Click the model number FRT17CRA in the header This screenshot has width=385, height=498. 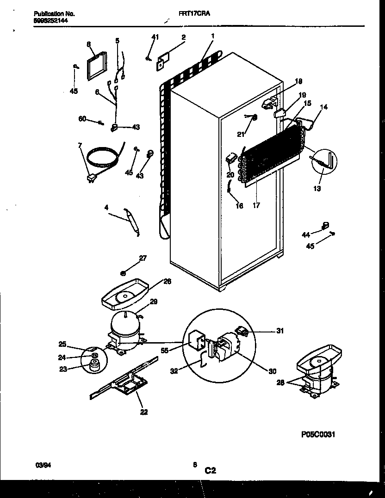(194, 14)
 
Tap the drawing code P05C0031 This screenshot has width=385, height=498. (317, 434)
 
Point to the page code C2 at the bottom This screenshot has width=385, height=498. (210, 471)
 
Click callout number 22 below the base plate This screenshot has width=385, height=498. (144, 412)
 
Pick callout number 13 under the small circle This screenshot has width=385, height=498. (317, 188)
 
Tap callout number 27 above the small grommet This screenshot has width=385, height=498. (143, 258)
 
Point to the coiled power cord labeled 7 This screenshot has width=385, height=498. (105, 157)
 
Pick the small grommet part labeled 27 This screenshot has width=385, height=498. (124, 272)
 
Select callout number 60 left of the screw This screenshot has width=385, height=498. (83, 119)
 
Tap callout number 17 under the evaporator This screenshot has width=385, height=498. (256, 205)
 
